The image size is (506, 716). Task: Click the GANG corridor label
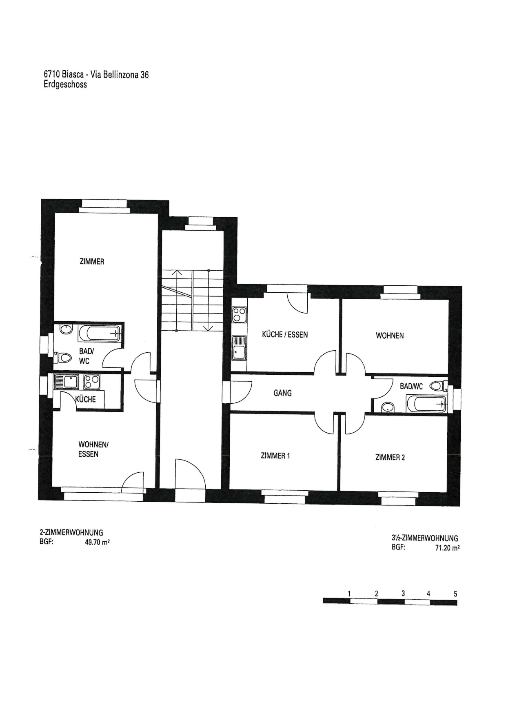282,393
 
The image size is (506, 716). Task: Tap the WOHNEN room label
390,336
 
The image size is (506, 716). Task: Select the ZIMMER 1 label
275,456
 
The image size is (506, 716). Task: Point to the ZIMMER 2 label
390,457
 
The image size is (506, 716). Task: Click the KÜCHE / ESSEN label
285,334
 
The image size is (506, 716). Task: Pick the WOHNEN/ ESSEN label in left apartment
93,449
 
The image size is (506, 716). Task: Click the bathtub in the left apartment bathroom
99,333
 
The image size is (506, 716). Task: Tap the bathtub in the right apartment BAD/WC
426,404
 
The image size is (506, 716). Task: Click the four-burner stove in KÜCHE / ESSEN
240,315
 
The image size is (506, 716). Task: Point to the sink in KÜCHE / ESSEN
240,348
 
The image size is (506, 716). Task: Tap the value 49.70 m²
97,543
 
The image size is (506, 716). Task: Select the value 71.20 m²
447,548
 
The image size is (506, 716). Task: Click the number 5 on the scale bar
455,594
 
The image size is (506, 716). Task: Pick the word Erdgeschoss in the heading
65,84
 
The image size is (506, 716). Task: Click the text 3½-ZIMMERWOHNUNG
425,538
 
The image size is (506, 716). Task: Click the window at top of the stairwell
201,223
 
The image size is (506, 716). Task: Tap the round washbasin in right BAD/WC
388,407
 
